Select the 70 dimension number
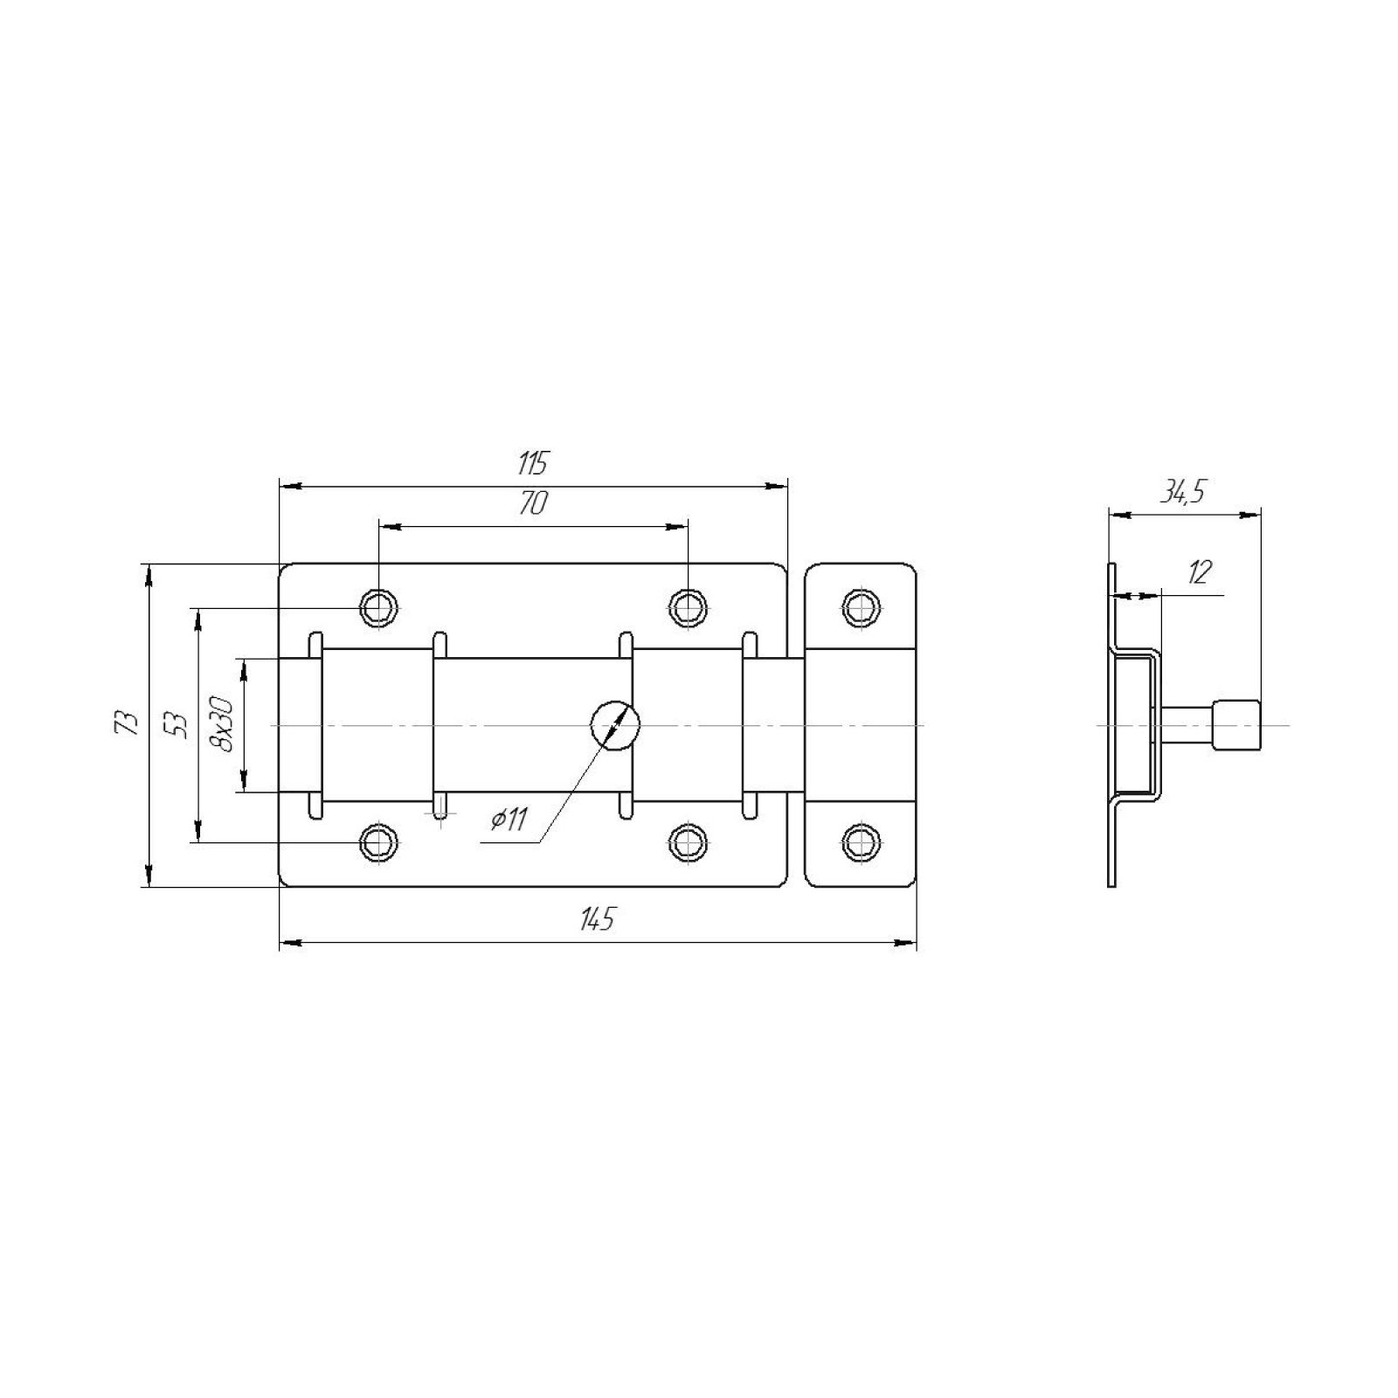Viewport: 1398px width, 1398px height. [x=532, y=504]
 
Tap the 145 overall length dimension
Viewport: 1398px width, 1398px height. [x=598, y=919]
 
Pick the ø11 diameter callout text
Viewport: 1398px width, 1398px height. [x=509, y=819]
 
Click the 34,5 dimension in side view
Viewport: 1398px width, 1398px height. [x=1182, y=493]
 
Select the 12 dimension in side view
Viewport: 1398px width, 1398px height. [x=1200, y=572]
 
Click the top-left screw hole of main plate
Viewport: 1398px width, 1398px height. [x=379, y=606]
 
